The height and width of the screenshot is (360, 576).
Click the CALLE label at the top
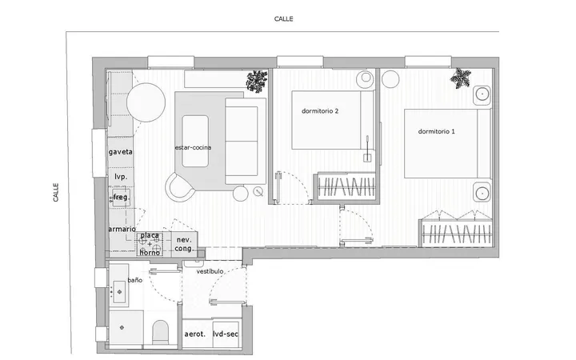tap(283, 18)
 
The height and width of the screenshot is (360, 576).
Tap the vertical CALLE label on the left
tap(56, 192)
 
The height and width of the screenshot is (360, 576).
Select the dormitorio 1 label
tap(437, 131)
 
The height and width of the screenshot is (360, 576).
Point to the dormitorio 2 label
tap(320, 110)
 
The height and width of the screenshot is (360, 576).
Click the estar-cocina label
tap(194, 147)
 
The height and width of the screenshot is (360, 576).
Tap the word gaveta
tap(121, 152)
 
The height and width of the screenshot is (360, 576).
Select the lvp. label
tap(121, 177)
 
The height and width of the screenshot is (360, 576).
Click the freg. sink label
tap(122, 198)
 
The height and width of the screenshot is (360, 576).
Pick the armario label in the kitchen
tap(122, 229)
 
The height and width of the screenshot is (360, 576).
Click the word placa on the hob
tap(150, 235)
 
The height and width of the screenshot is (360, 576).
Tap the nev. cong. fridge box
tap(184, 244)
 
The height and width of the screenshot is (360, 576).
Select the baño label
tap(135, 280)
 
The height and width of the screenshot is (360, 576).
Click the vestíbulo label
tap(210, 271)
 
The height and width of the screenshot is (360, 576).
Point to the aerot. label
tap(194, 334)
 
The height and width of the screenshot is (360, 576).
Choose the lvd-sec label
tap(226, 334)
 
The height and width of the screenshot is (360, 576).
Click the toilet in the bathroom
tap(160, 332)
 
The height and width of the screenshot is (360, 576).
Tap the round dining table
tap(146, 102)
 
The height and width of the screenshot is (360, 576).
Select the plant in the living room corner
tap(257, 82)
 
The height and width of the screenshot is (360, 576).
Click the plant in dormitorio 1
tap(461, 78)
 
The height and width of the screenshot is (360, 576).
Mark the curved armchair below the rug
tap(179, 186)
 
